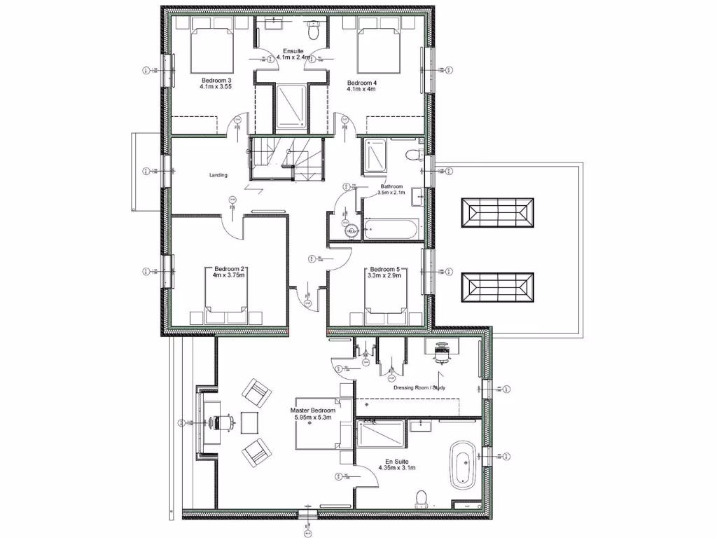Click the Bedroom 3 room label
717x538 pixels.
pos(216,81)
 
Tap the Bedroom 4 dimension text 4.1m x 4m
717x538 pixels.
pos(362,90)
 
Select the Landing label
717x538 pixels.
pos(218,175)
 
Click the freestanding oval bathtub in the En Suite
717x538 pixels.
pos(463,464)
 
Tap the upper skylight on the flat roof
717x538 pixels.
pos(498,212)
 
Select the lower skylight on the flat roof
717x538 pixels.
pos(498,287)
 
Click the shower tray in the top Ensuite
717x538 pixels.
pos(291,106)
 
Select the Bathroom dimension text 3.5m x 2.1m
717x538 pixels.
pos(392,192)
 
